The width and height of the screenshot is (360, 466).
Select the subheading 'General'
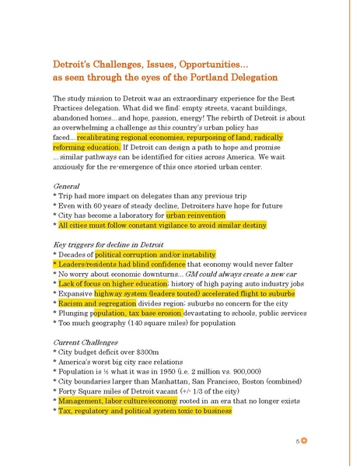[67, 187]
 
